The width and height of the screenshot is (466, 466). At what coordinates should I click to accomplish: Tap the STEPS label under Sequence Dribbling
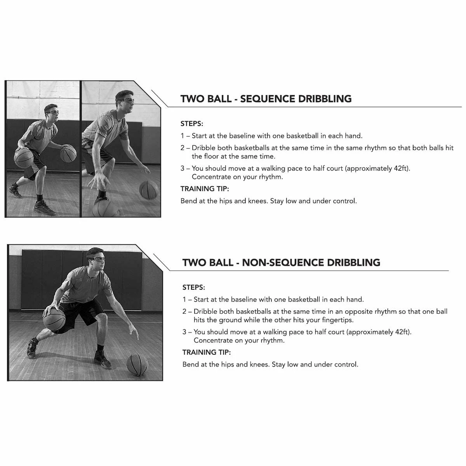pyautogui.click(x=192, y=124)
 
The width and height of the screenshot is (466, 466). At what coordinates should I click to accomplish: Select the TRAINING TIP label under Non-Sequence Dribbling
pyautogui.click(x=207, y=352)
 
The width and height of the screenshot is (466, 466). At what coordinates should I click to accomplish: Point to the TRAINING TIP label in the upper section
pyautogui.click(x=205, y=189)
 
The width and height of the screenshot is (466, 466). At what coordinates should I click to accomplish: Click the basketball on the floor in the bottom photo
pyautogui.click(x=137, y=364)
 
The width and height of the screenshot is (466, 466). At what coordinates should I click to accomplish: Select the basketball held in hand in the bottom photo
pyautogui.click(x=54, y=319)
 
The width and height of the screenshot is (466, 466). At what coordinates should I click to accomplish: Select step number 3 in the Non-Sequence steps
pyautogui.click(x=184, y=332)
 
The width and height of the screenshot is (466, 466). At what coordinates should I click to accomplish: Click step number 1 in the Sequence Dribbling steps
pyautogui.click(x=183, y=136)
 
